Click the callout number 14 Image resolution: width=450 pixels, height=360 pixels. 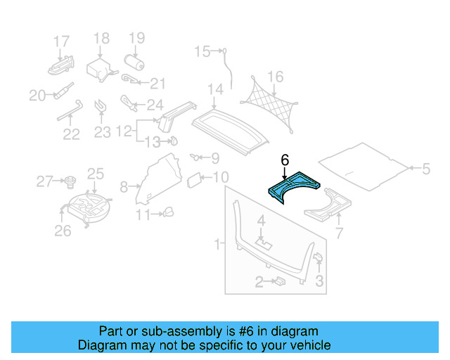point(214,89)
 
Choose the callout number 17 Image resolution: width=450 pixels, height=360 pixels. point(62,41)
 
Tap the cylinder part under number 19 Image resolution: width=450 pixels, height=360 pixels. point(134,64)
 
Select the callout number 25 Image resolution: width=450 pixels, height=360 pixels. point(95,173)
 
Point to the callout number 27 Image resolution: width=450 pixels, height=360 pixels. point(44,182)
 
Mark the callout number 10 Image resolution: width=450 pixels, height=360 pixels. point(220,177)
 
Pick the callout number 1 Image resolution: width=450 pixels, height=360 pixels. point(217,244)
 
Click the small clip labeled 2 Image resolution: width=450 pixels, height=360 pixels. point(278,281)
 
